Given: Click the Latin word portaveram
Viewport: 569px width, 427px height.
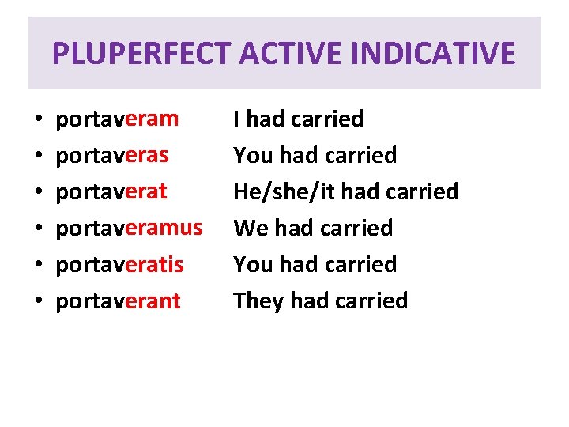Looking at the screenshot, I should pyautogui.click(x=117, y=119).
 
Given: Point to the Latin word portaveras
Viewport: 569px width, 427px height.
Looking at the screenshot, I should pyautogui.click(x=111, y=156).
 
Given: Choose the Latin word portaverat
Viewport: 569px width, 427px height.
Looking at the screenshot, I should pyautogui.click(x=111, y=192).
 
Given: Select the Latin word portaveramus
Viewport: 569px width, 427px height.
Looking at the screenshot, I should pyautogui.click(x=129, y=229).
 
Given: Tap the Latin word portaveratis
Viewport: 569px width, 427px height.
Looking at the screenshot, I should pyautogui.click(x=119, y=265).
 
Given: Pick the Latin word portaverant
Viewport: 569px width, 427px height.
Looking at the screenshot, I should pyautogui.click(x=118, y=301).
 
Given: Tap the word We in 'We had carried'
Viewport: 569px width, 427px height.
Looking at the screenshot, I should pyautogui.click(x=252, y=229).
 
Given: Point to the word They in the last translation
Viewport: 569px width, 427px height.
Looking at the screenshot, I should pyautogui.click(x=258, y=301).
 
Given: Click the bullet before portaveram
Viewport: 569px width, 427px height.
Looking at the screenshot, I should pyautogui.click(x=39, y=121).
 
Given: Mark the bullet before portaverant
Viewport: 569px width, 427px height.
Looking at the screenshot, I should pyautogui.click(x=39, y=303).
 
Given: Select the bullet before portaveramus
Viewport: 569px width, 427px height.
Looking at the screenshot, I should pyautogui.click(x=39, y=230).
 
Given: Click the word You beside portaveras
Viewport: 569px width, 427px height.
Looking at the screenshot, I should pyautogui.click(x=253, y=156).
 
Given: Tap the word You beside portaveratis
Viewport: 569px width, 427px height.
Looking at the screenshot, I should pyautogui.click(x=253, y=265).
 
